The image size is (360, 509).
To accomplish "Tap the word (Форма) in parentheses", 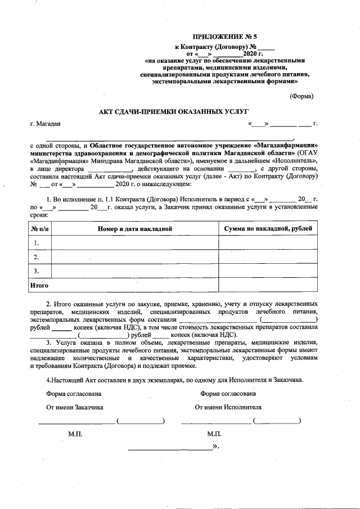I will point(301,96).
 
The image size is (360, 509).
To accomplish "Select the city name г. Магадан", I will point(47,123).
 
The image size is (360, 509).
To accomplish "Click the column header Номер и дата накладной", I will point(134,228).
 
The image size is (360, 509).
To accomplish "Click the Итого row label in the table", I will point(38,286).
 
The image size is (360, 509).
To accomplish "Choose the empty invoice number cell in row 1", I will point(134,243).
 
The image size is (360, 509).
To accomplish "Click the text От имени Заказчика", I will point(74,406).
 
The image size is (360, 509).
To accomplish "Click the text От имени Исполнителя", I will point(228,406).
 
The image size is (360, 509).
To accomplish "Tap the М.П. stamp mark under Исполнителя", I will point(214,434).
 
